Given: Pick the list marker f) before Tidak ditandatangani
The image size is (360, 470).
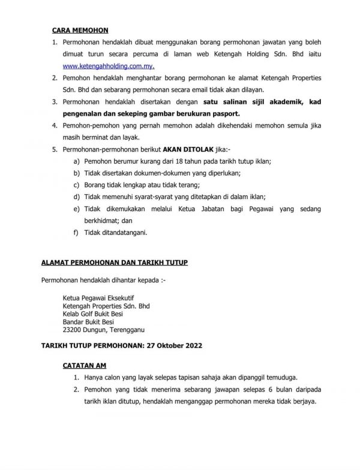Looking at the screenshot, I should tap(76, 233).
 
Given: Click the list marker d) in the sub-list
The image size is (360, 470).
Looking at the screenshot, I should tap(76, 197).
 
